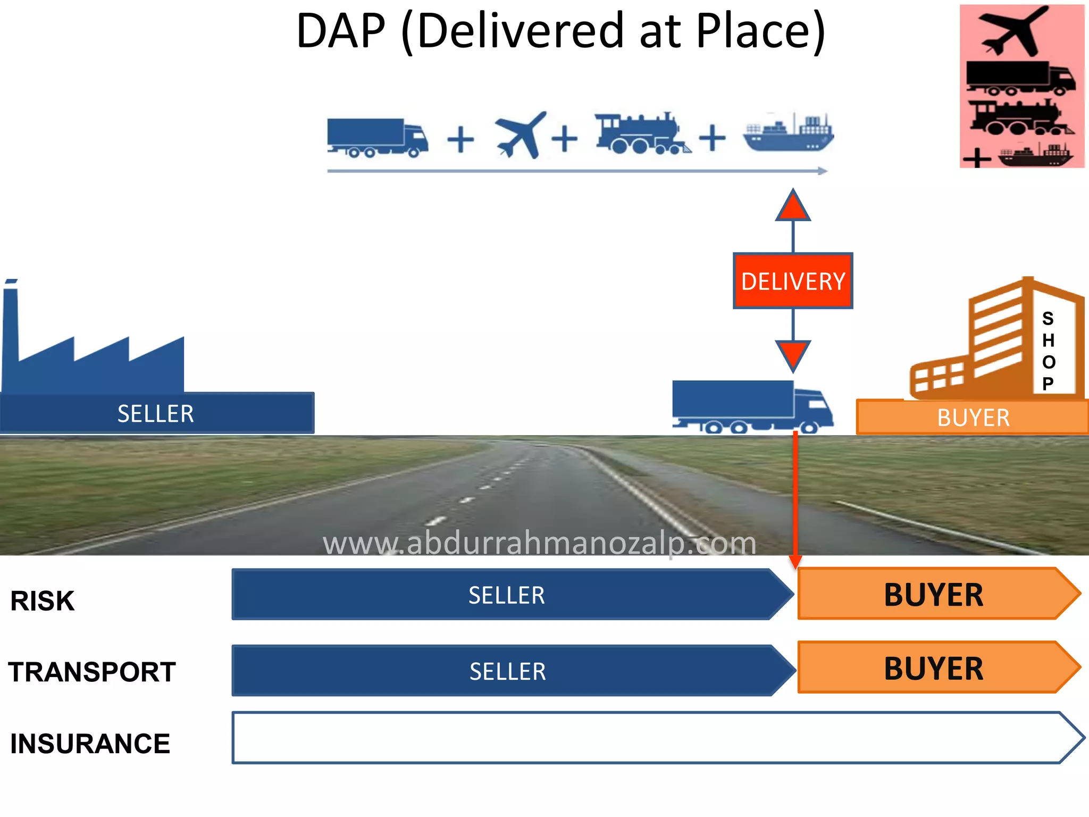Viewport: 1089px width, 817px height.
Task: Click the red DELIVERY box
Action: (x=793, y=281)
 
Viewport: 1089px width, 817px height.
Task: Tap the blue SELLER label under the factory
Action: (x=156, y=413)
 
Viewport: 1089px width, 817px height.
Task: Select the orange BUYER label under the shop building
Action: (x=973, y=418)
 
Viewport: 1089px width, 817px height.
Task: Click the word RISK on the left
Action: (x=43, y=601)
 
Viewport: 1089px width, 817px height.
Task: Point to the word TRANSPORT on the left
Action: (x=92, y=672)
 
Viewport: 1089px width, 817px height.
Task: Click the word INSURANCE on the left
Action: (x=90, y=744)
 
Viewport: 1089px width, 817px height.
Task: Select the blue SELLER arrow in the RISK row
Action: (x=506, y=595)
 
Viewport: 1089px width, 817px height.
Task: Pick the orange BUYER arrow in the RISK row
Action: (x=934, y=594)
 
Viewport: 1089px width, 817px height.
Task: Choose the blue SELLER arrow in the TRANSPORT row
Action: (x=507, y=671)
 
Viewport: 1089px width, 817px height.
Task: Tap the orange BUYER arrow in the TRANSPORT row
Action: (x=934, y=668)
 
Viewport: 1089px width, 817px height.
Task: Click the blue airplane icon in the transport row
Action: (x=520, y=135)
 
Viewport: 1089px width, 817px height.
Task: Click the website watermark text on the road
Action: (x=539, y=544)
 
